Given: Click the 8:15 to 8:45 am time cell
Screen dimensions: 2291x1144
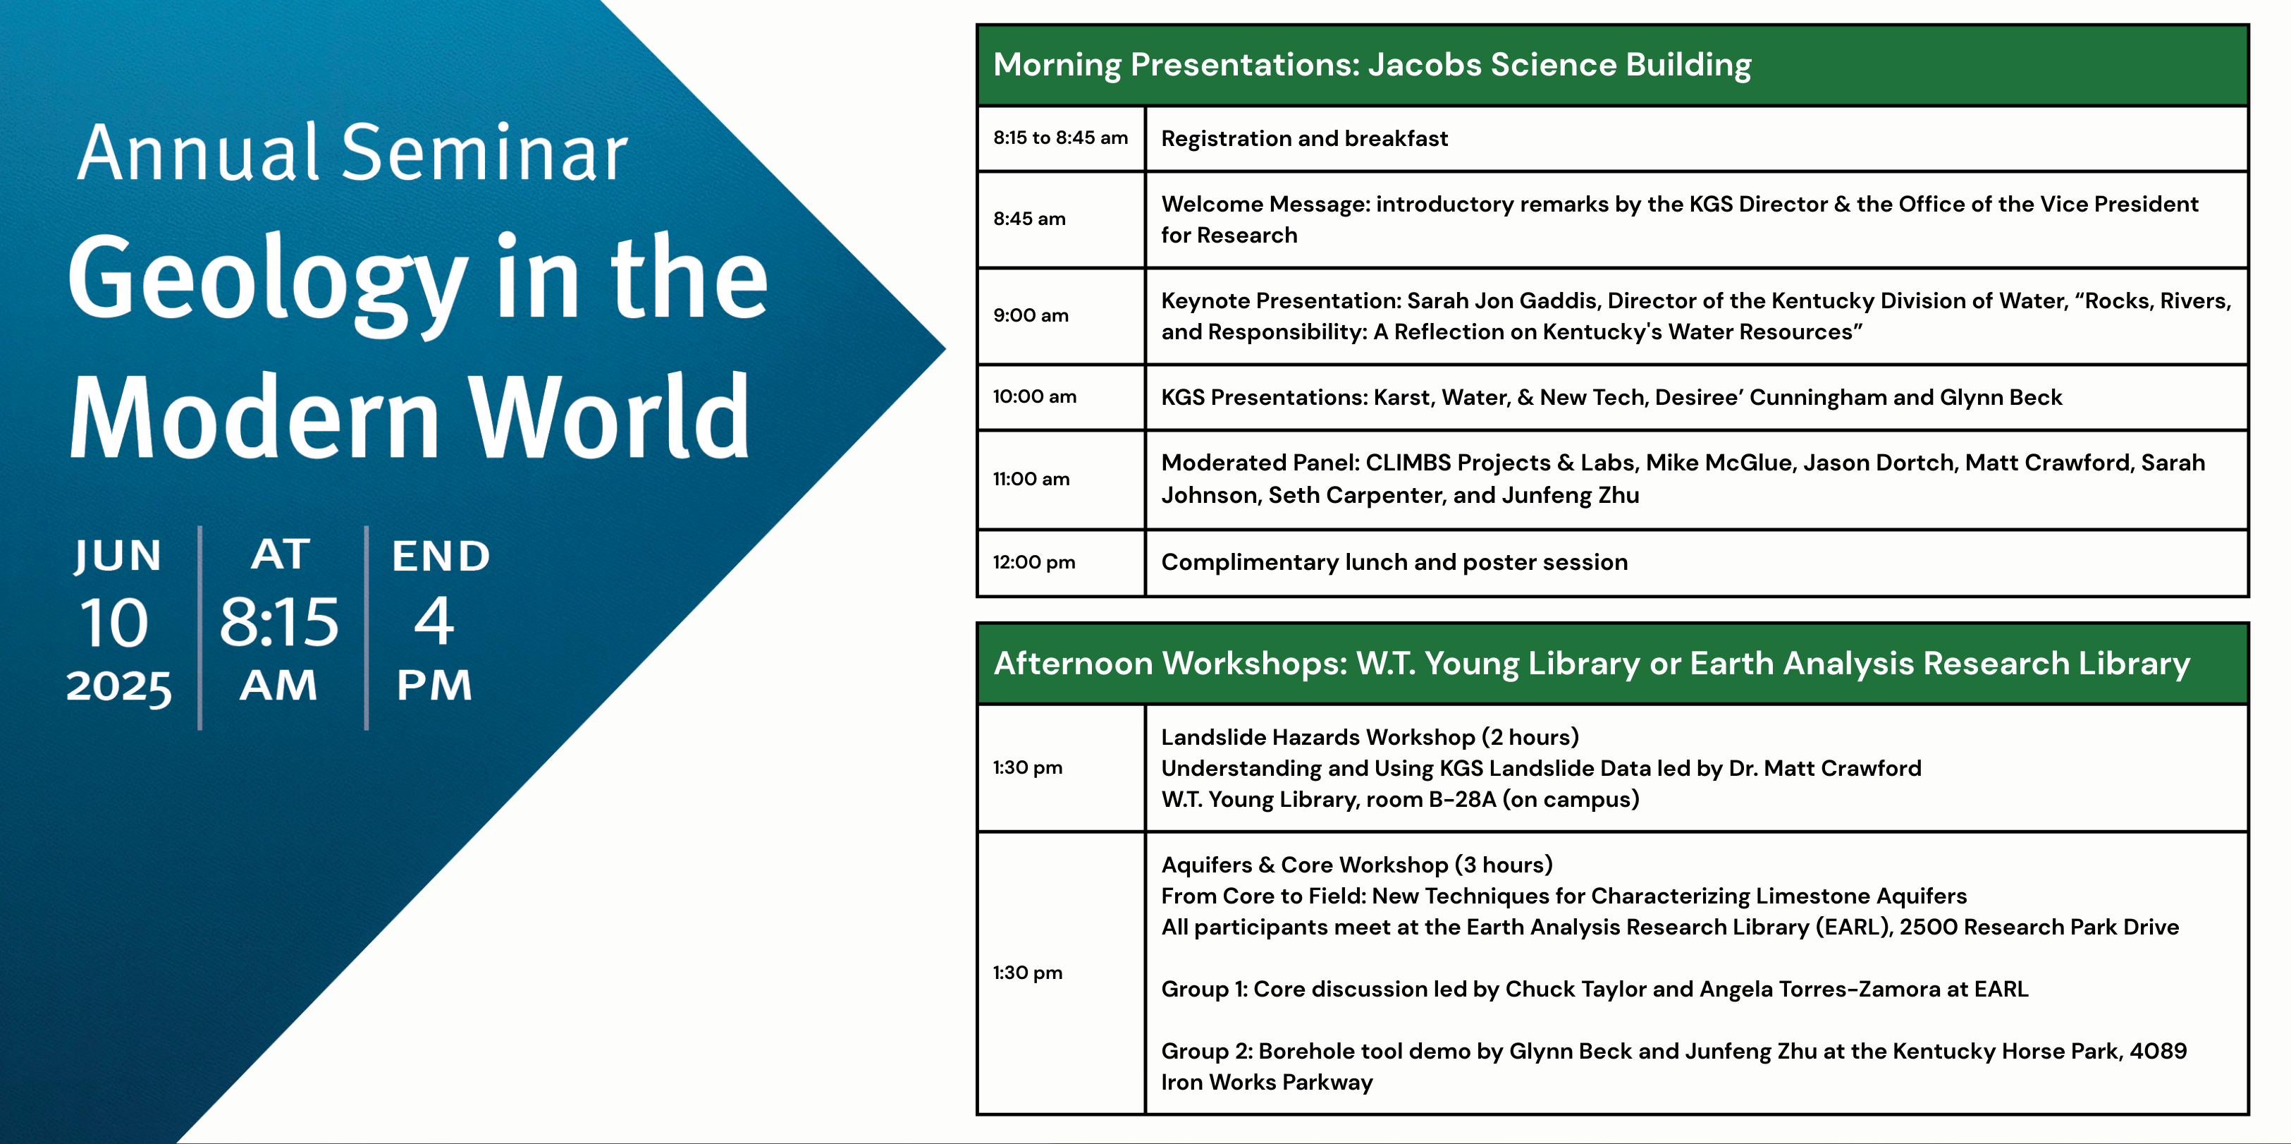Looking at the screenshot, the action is point(1060,138).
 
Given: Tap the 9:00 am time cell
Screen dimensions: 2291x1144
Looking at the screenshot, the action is point(1060,316).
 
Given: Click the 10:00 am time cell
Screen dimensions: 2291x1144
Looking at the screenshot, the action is point(1060,397).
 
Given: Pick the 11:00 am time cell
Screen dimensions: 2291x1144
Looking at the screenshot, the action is point(1060,480).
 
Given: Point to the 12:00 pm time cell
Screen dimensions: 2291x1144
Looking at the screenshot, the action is point(1060,562).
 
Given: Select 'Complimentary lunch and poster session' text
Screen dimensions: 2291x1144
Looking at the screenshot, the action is point(1394,562).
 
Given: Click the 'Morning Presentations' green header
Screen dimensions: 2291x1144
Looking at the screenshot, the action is point(1612,65).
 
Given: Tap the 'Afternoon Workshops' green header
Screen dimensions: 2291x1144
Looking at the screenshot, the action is point(1612,664).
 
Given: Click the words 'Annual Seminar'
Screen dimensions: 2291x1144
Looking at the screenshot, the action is point(352,152).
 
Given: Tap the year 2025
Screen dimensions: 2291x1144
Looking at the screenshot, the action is point(118,687).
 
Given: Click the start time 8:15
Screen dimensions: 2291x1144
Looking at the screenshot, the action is point(279,621).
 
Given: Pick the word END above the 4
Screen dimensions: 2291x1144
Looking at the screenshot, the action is point(441,556).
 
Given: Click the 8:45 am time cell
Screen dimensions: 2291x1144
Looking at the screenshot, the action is point(1060,219).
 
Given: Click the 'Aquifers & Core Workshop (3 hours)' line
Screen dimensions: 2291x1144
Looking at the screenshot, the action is point(1356,865).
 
